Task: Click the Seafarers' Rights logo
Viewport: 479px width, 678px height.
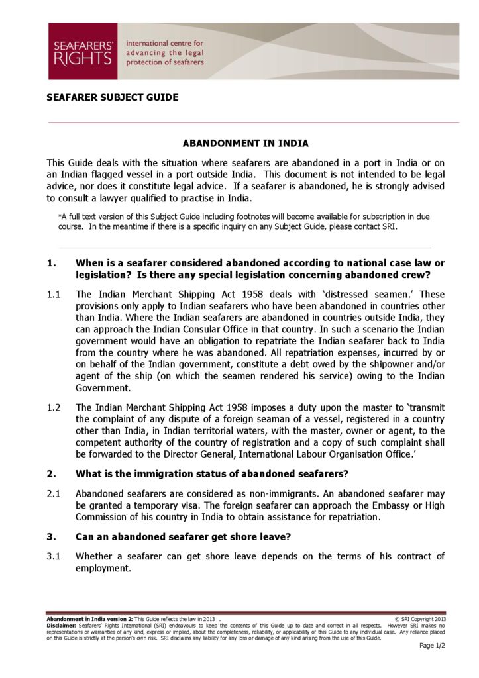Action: click(x=82, y=52)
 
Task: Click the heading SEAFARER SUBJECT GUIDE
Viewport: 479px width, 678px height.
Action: click(x=112, y=97)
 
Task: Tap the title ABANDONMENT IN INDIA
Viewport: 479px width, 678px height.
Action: click(x=245, y=143)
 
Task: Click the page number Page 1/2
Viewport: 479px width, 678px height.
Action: click(x=432, y=646)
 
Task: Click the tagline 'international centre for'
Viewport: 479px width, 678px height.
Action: click(x=165, y=43)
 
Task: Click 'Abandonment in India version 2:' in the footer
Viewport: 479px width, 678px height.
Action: click(x=89, y=619)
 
